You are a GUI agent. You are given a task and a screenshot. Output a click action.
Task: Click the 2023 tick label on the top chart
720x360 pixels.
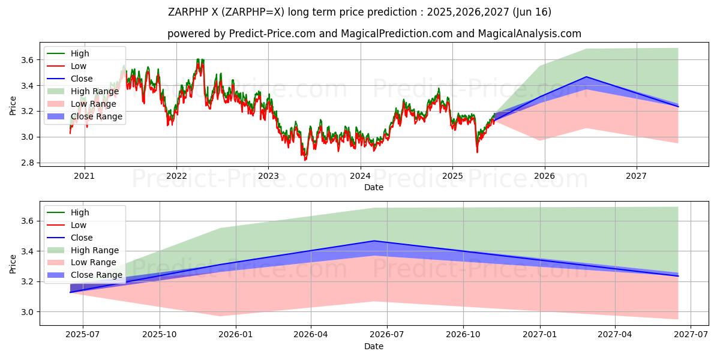pyautogui.click(x=268, y=176)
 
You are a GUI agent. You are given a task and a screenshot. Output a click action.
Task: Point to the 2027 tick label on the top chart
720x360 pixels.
pyautogui.click(x=636, y=176)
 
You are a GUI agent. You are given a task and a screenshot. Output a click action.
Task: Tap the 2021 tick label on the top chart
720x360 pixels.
pyautogui.click(x=85, y=176)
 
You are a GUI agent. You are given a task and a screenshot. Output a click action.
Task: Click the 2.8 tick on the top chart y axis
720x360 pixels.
pyautogui.click(x=27, y=163)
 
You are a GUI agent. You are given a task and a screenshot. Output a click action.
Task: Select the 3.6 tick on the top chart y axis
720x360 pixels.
pyautogui.click(x=27, y=60)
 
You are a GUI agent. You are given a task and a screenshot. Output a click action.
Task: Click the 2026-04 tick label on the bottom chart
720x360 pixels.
pyautogui.click(x=311, y=335)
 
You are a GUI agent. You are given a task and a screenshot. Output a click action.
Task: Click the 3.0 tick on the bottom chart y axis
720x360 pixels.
pyautogui.click(x=27, y=312)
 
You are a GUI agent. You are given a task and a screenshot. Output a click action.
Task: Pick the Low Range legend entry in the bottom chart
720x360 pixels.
pyautogui.click(x=93, y=262)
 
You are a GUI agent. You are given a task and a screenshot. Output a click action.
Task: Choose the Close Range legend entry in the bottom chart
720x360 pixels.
pyautogui.click(x=96, y=275)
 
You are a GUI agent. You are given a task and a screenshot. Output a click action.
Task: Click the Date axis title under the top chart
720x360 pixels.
pyautogui.click(x=373, y=187)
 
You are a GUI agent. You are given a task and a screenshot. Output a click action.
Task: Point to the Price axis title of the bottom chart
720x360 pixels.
pyautogui.click(x=13, y=263)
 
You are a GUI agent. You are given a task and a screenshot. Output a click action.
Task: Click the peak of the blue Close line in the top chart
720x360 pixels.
pyautogui.click(x=586, y=77)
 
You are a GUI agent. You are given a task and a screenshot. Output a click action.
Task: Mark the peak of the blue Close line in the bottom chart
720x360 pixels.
pyautogui.click(x=374, y=241)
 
